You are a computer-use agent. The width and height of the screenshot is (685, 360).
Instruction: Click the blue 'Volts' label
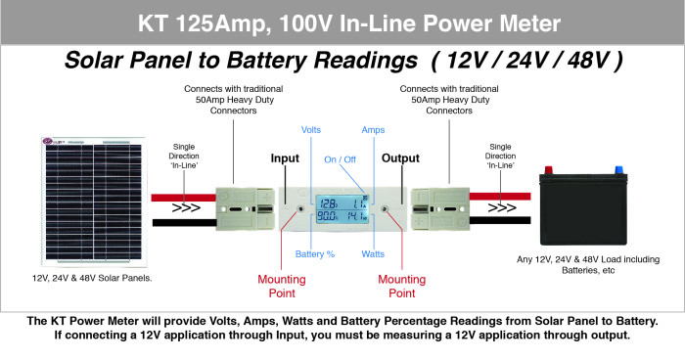pyautogui.click(x=310, y=129)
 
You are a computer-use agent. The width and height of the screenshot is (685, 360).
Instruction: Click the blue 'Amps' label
pyautogui.click(x=373, y=129)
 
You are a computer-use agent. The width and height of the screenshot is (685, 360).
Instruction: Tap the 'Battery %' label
pyautogui.click(x=315, y=254)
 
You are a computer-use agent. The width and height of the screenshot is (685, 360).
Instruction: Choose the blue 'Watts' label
pyautogui.click(x=372, y=254)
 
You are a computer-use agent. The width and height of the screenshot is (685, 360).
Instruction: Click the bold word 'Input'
pyautogui.click(x=285, y=158)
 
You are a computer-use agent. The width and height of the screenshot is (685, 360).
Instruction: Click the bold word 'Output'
pyautogui.click(x=399, y=158)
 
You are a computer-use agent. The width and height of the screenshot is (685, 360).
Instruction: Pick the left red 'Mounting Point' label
pyautogui.click(x=282, y=286)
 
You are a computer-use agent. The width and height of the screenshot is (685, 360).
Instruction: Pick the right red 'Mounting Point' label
pyautogui.click(x=402, y=286)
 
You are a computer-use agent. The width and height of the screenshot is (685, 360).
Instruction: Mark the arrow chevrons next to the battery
pyautogui.click(x=501, y=208)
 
